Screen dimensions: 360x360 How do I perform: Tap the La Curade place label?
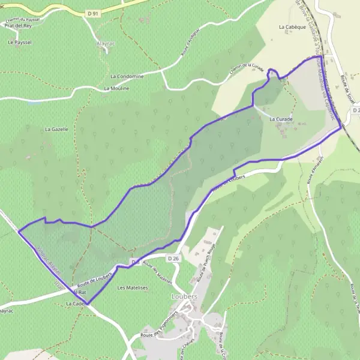coord(281,119)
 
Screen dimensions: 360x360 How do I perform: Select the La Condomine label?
coord(127,76)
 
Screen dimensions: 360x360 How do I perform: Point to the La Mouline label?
coord(116,88)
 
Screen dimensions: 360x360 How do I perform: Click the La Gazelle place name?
coord(56,129)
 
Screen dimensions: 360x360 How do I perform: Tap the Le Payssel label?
coord(20,43)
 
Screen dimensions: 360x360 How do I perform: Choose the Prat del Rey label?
coord(17,26)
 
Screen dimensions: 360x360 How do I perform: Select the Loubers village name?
coord(181,296)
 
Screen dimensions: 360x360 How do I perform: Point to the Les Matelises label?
coord(133,288)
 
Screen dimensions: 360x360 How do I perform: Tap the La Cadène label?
coord(77,304)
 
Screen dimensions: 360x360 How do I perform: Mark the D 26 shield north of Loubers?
coord(174,258)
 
